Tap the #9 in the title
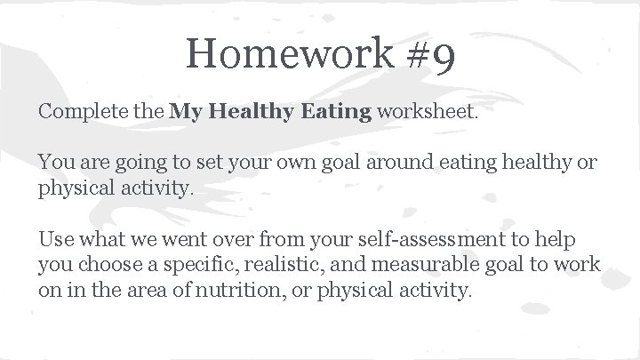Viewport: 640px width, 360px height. (433, 54)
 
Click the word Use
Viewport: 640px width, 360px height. (53, 241)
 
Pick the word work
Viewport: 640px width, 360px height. (579, 266)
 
